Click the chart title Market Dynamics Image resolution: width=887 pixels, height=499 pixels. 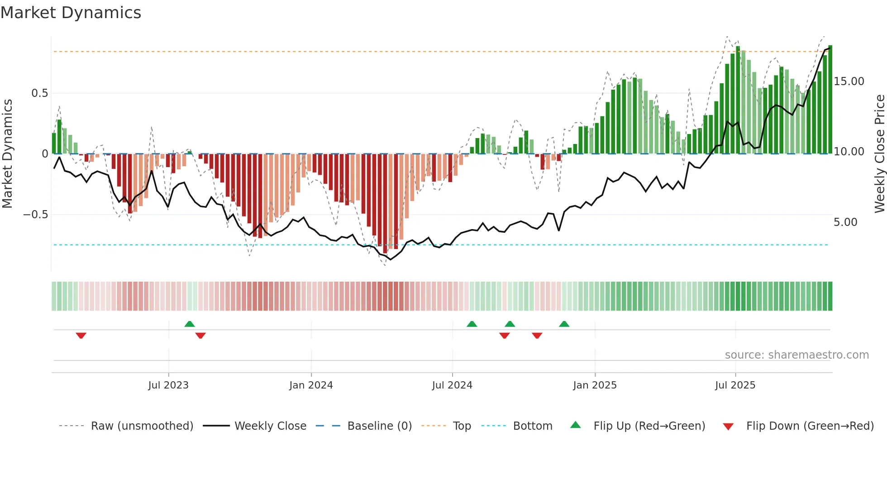click(x=71, y=13)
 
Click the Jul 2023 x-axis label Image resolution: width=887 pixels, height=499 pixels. click(x=168, y=385)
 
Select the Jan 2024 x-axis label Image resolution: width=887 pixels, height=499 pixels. click(x=311, y=385)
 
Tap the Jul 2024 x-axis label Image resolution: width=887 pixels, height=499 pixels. click(x=452, y=385)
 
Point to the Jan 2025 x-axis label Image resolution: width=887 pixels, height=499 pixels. click(x=595, y=385)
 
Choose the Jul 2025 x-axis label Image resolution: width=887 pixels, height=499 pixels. click(x=735, y=385)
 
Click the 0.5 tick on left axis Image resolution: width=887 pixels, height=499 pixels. click(x=39, y=93)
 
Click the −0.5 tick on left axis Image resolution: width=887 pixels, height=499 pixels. click(x=36, y=215)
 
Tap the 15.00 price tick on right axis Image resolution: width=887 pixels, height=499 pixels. click(x=849, y=82)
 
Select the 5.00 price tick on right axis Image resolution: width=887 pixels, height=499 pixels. click(x=845, y=222)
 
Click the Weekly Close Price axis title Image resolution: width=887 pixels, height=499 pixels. click(x=879, y=154)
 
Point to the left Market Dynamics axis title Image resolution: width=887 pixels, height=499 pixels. click(x=8, y=154)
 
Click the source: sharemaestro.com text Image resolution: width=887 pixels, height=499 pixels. click(x=796, y=355)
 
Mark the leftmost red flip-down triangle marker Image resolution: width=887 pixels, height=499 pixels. click(x=81, y=336)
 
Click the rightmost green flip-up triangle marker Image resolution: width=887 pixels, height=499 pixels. click(x=564, y=324)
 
